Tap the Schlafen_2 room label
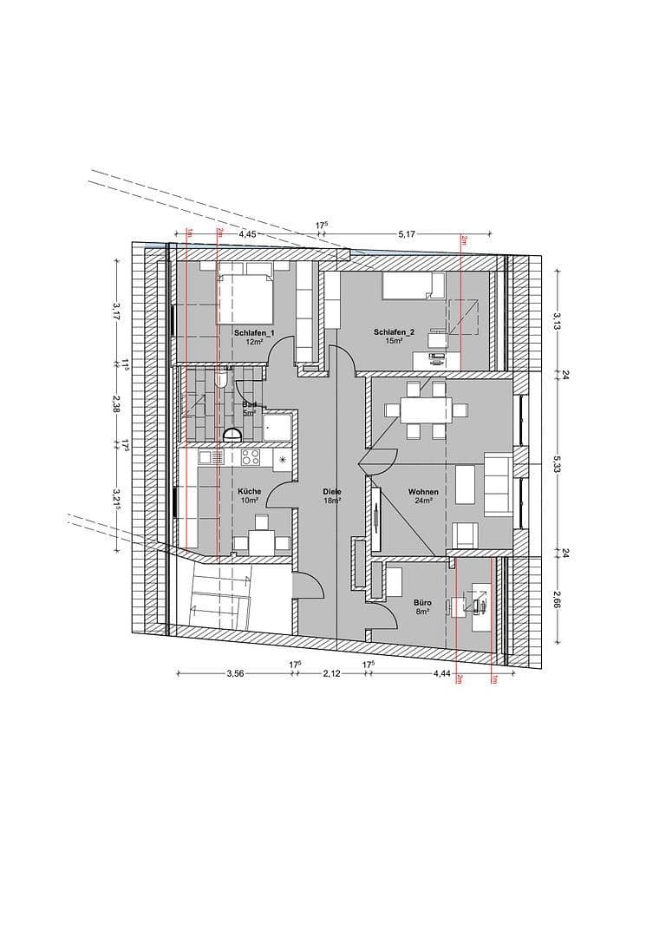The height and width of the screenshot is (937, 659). point(395,332)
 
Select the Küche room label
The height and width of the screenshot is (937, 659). point(250,492)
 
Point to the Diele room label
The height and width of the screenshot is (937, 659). point(332,492)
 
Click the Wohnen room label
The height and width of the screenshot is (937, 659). point(424,492)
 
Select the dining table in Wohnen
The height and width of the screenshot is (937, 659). point(424,410)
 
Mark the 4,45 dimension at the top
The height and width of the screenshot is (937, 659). point(247,233)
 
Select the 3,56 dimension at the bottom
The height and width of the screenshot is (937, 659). point(234,672)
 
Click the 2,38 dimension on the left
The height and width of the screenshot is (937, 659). point(115,403)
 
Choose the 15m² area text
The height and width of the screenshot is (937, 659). point(395,341)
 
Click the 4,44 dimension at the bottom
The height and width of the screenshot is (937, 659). point(442,672)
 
